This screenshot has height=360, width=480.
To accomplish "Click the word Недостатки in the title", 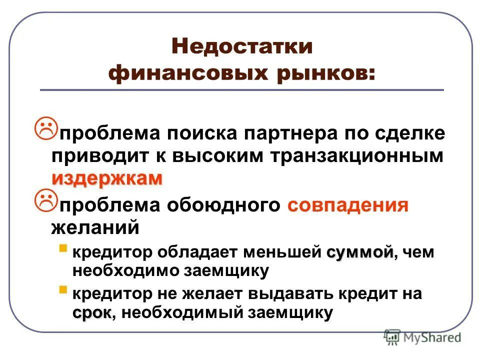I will click(242, 48).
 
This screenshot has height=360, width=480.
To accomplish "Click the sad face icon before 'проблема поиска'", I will click(47, 128).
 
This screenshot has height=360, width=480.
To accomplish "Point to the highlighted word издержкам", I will click(106, 178).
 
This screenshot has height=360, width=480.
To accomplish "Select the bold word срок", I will click(92, 313).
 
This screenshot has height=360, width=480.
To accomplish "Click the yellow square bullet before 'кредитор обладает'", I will click(62, 248).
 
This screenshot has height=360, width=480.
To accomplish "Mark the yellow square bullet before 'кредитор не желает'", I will click(62, 289).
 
